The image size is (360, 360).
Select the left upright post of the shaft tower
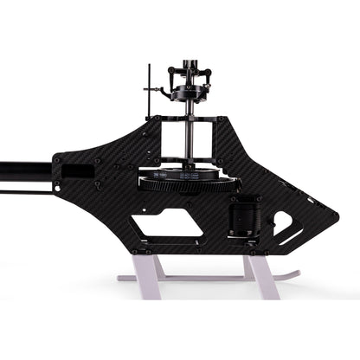tap(165, 143)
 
